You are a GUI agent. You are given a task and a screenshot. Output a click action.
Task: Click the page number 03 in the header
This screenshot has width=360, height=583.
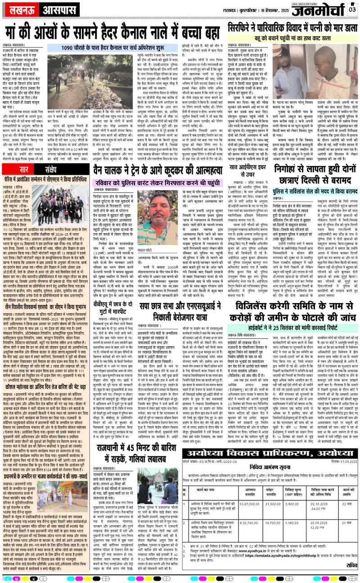351,9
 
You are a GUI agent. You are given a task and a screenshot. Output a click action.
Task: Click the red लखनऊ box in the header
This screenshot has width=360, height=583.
21,9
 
